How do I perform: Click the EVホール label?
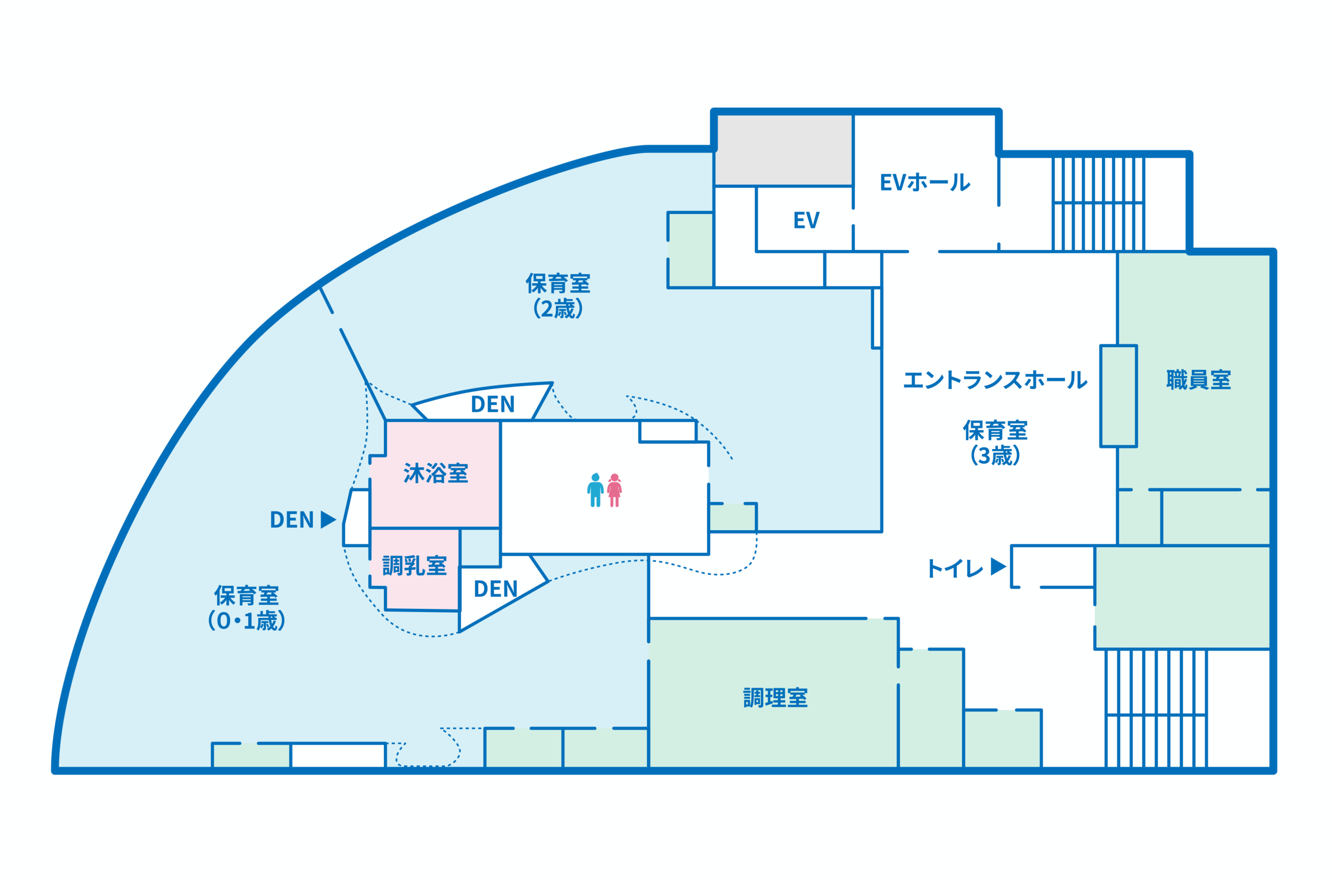[x=925, y=182]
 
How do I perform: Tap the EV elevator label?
[x=806, y=220]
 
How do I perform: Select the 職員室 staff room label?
[x=1198, y=379]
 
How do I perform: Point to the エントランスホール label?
[x=995, y=380]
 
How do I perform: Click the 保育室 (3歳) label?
[x=995, y=443]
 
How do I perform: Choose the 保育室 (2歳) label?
[x=558, y=296]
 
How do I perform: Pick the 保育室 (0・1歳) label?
[x=246, y=608]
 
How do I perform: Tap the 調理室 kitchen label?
[x=775, y=698]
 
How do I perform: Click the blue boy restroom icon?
[x=595, y=490]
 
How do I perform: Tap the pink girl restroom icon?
[x=614, y=490]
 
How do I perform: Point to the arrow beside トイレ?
[x=998, y=566]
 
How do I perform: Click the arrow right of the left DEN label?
[x=328, y=519]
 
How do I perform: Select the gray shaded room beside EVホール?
[x=784, y=150]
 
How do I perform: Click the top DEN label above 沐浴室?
[x=493, y=404]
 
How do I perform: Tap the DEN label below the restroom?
[x=495, y=589]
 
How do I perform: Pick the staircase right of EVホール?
[x=1098, y=203]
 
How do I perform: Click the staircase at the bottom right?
[x=1156, y=709]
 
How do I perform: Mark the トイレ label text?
[x=955, y=568]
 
